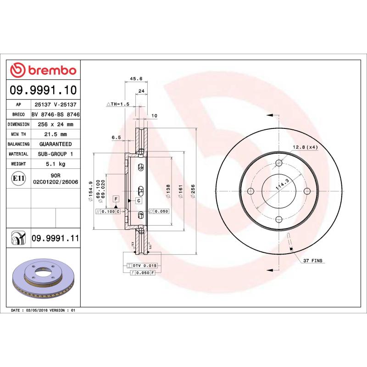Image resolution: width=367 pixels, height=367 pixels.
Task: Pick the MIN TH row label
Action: (x=18, y=134)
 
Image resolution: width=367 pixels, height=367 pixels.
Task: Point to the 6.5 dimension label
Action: (x=116, y=137)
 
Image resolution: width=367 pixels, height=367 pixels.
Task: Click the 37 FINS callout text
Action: (x=313, y=261)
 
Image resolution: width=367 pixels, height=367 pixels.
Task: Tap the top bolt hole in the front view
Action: (x=279, y=163)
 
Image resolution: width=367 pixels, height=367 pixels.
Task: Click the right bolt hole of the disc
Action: (x=307, y=191)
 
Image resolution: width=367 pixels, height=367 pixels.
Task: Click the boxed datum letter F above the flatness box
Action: (x=116, y=199)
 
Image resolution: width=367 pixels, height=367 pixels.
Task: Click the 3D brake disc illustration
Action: (x=42, y=278)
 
